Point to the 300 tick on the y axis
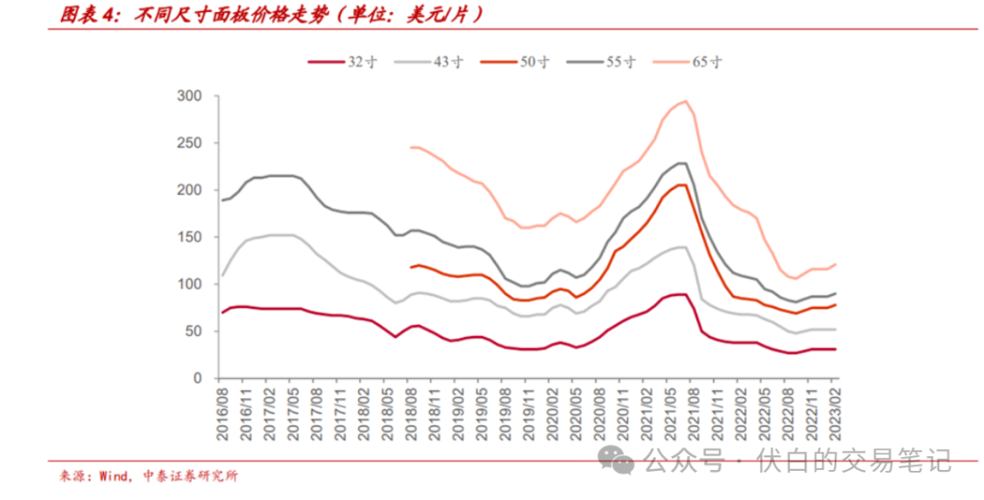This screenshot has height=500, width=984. click(190, 96)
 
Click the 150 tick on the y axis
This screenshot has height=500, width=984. click(190, 237)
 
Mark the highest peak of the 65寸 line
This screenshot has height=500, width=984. click(685, 101)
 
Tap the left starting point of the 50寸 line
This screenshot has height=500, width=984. click(412, 267)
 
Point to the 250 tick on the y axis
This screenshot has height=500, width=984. click(190, 143)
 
